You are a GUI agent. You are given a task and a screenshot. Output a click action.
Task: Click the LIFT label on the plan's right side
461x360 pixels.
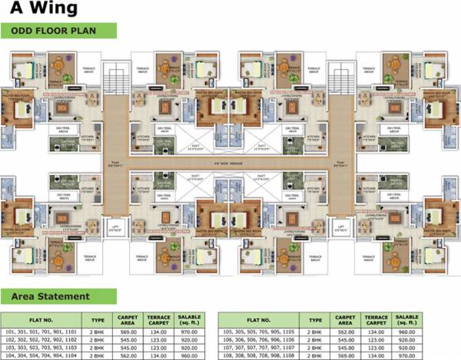pyautogui.click(x=339, y=227)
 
